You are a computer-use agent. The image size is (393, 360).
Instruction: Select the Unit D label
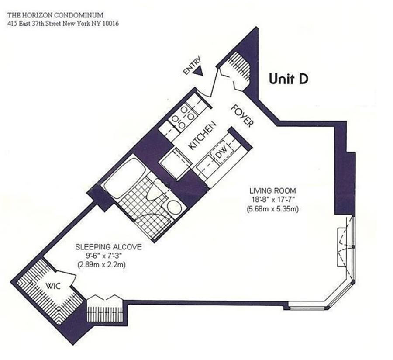point(289,79)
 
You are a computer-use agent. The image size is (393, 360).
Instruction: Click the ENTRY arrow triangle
point(200,73)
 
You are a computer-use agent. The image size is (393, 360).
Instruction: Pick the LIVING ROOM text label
point(273,190)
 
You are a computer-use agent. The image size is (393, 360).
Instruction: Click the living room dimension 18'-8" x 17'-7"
point(273,199)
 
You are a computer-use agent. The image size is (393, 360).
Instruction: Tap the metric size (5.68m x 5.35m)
point(273,208)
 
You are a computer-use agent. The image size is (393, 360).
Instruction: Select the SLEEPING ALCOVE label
point(108,247)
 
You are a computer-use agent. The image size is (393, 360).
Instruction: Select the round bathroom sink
point(174,208)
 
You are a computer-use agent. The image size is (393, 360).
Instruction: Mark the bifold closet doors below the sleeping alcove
point(104,302)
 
